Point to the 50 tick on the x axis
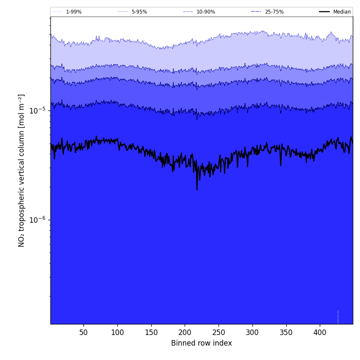(x=83, y=332)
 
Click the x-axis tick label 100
(x=117, y=332)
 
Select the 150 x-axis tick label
(x=151, y=332)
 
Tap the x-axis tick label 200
(x=185, y=332)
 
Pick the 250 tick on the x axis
(x=219, y=332)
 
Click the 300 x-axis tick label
(x=252, y=332)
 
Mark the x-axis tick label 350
(x=286, y=332)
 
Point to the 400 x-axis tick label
(x=320, y=332)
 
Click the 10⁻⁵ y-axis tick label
(x=37, y=111)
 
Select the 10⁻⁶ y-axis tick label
(x=37, y=220)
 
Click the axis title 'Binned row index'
(x=202, y=343)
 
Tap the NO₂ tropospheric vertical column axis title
(x=22, y=170)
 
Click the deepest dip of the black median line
(x=197, y=189)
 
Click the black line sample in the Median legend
(x=324, y=12)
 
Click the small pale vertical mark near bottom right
(x=338, y=317)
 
